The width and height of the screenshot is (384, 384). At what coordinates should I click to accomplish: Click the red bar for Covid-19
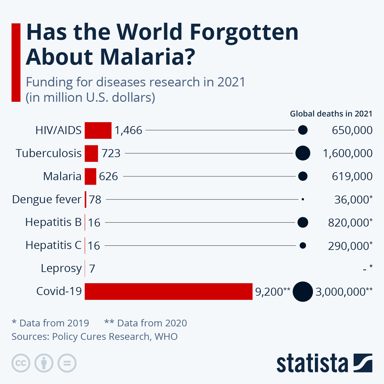pos(169,291)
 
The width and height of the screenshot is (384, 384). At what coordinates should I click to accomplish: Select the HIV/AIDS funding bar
pos(98,130)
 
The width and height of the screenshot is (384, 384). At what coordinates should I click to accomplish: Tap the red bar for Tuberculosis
pos(91,154)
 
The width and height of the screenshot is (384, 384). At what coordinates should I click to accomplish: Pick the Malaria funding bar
pos(91,176)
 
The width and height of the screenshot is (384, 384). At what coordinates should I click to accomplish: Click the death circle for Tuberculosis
pos(303,153)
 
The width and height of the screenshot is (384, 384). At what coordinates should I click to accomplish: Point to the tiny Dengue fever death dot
pos(303,199)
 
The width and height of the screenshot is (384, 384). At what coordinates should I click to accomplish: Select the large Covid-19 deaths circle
pos(303,292)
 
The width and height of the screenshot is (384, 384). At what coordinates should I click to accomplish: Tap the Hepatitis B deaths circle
pos(303,222)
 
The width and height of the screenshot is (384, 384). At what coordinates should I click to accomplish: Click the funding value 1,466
pos(128,131)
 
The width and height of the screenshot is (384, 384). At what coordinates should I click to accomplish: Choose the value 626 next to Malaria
pos(108,176)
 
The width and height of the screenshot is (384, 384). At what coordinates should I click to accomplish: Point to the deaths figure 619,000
pos(352,176)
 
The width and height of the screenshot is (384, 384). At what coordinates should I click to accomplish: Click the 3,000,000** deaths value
pos(344,292)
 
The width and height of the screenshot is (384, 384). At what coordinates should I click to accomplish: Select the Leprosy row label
pos(61,268)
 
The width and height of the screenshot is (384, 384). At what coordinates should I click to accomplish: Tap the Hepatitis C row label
pos(53,245)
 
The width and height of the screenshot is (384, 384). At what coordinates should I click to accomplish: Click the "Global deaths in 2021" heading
pos(331,114)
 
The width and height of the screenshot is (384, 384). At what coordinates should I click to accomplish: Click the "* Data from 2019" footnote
pos(51,323)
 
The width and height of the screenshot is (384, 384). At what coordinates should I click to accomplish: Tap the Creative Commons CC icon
pos(21,363)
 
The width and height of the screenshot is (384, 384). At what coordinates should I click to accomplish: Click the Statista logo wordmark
pos(312,363)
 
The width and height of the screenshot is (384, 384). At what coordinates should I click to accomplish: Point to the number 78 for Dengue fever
pos(95,199)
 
